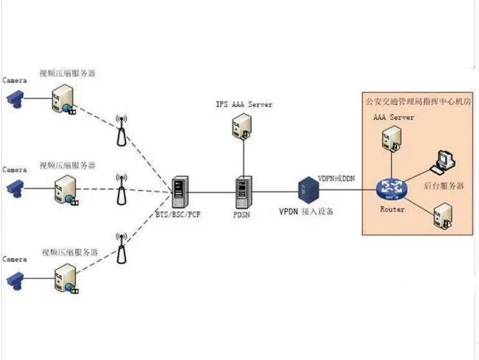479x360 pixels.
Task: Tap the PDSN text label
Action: (242, 214)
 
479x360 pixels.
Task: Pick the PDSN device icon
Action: (243, 190)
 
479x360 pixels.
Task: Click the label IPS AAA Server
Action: (244, 104)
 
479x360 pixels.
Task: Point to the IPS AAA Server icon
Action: (243, 127)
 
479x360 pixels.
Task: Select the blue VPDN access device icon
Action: (306, 189)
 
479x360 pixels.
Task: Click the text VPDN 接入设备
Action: (306, 211)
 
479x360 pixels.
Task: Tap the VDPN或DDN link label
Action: (337, 177)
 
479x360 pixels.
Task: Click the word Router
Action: (392, 209)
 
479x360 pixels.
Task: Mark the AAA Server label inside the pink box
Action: (393, 118)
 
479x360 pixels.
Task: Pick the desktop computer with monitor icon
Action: (444, 162)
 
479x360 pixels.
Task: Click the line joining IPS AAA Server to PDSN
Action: (243, 158)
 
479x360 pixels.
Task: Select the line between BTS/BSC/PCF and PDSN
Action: (212, 191)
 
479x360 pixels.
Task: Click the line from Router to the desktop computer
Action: (415, 178)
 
